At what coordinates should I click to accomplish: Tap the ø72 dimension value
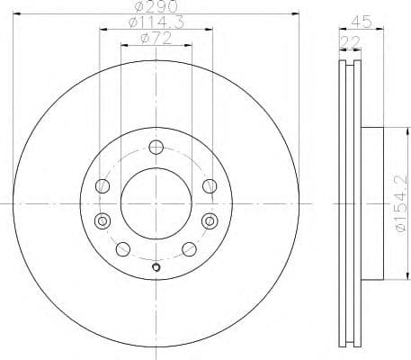[x=156, y=40]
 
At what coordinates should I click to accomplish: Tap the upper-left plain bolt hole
[x=103, y=186]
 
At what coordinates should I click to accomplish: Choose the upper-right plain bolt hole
[x=210, y=186]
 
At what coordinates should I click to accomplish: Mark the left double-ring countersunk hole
[x=102, y=220]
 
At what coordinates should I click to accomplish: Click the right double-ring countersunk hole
[x=210, y=220]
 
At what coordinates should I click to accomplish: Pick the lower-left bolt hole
[x=124, y=248]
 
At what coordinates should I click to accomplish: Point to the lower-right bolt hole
[x=188, y=249]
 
